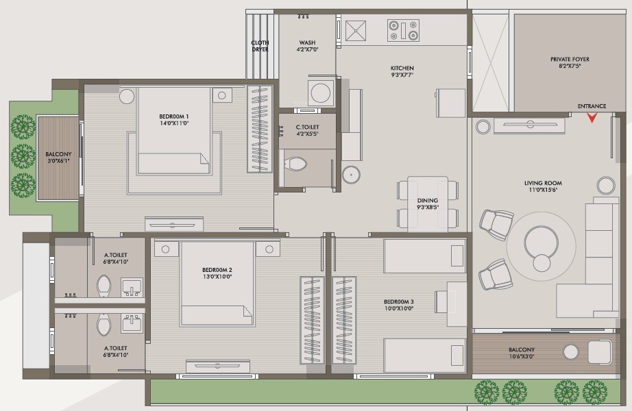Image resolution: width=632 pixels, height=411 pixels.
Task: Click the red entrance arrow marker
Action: click(x=592, y=118)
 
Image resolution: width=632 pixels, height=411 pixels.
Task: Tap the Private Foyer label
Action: click(x=570, y=59)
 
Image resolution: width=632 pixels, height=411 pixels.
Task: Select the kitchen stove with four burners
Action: click(x=403, y=31)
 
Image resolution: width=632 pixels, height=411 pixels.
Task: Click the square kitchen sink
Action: click(x=356, y=31)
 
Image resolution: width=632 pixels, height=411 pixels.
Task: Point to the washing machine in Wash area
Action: click(x=321, y=93)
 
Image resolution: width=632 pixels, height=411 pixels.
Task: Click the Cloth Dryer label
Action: click(x=260, y=46)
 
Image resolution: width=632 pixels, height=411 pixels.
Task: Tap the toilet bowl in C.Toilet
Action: click(x=296, y=164)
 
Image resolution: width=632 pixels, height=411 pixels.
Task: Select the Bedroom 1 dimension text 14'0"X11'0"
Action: click(x=173, y=123)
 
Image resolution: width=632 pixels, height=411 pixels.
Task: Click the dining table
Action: click(x=428, y=204)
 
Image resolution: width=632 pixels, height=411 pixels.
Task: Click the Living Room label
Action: click(x=543, y=183)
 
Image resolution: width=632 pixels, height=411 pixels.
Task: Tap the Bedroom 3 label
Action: click(x=399, y=302)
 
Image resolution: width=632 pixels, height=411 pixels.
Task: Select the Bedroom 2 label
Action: click(x=217, y=270)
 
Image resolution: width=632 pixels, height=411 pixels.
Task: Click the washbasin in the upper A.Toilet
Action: click(x=132, y=287)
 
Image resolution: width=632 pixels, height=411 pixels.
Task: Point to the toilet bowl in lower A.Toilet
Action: click(x=104, y=325)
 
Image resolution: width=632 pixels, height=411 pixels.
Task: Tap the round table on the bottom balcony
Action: click(x=571, y=352)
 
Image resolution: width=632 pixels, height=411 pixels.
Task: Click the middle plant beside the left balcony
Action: click(x=23, y=156)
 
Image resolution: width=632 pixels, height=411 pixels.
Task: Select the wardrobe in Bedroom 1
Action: click(x=260, y=129)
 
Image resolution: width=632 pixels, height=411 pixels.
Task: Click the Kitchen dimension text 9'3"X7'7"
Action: click(x=402, y=75)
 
